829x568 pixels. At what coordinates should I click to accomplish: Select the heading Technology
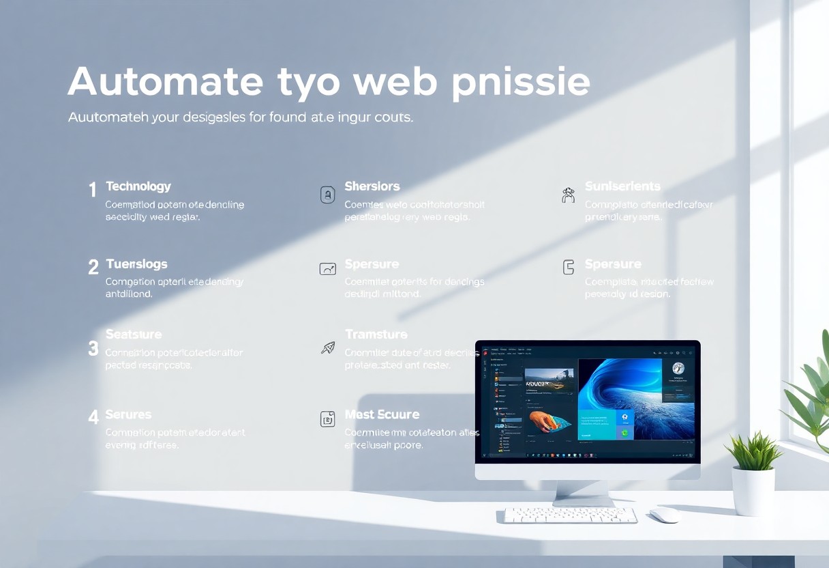pyautogui.click(x=138, y=186)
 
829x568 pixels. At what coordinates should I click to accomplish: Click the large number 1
pyautogui.click(x=93, y=190)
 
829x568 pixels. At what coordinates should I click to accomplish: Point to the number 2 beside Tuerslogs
pyautogui.click(x=93, y=267)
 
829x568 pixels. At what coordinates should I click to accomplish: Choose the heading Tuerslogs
pyautogui.click(x=136, y=264)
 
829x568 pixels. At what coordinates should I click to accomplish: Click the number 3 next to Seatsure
pyautogui.click(x=93, y=349)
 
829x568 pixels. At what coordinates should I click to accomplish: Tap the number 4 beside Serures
pyautogui.click(x=93, y=416)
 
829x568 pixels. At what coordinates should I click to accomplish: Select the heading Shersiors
pyautogui.click(x=372, y=186)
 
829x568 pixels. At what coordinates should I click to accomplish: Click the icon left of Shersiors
pyautogui.click(x=328, y=195)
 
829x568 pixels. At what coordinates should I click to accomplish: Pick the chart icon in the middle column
pyautogui.click(x=328, y=269)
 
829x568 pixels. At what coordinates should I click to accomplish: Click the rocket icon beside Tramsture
pyautogui.click(x=328, y=348)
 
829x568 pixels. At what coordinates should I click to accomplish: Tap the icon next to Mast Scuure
pyautogui.click(x=328, y=419)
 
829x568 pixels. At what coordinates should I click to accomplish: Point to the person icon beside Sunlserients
pyautogui.click(x=568, y=195)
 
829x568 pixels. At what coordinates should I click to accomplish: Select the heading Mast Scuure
pyautogui.click(x=382, y=414)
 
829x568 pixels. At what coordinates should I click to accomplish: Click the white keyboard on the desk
pyautogui.click(x=570, y=515)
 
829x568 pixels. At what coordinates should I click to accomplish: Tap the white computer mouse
pyautogui.click(x=665, y=515)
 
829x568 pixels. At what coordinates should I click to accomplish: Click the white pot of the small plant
pyautogui.click(x=753, y=489)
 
